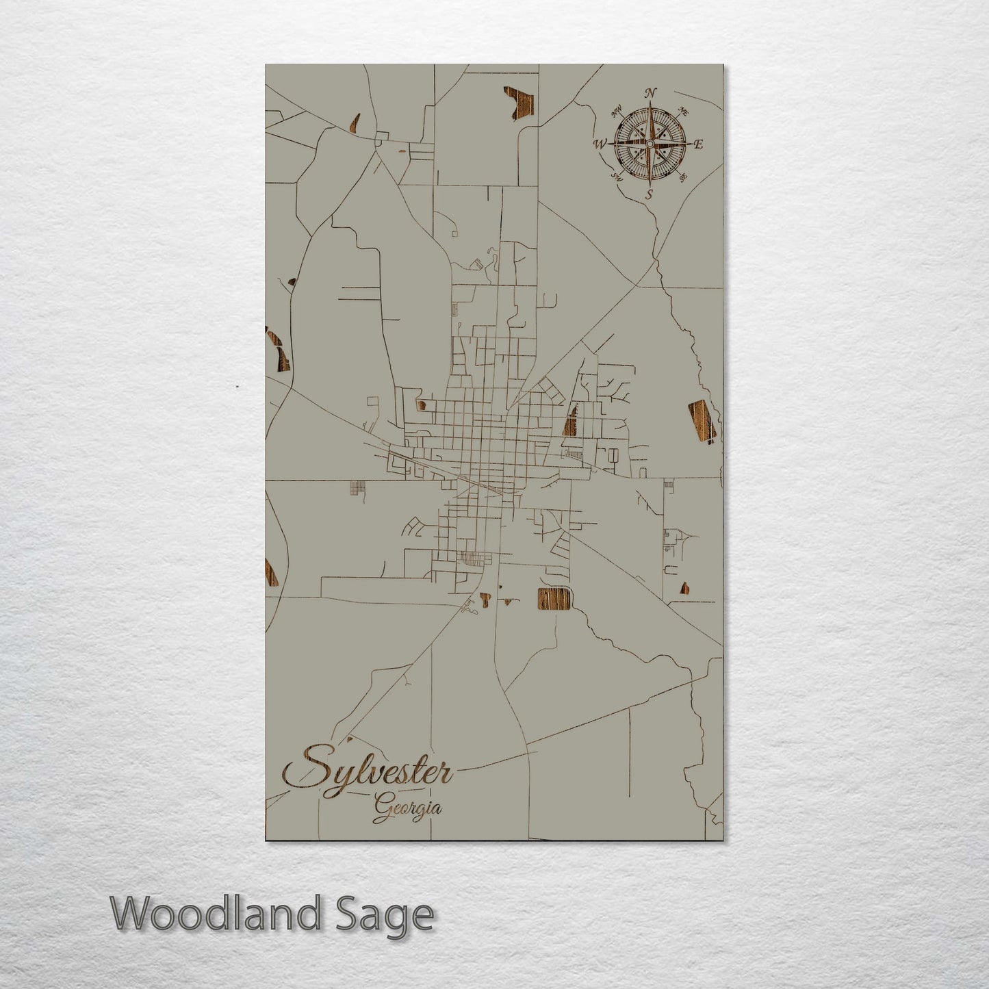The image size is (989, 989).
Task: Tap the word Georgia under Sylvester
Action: [x=408, y=808]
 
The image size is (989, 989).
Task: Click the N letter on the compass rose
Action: [x=652, y=94]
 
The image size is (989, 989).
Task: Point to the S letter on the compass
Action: [x=649, y=194]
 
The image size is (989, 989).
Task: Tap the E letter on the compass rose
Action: [x=699, y=144]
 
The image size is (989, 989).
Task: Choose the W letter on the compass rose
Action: [x=600, y=144]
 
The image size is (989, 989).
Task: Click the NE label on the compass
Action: [x=682, y=110]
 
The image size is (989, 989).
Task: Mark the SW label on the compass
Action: [x=617, y=178]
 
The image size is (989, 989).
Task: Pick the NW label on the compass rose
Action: [x=617, y=110]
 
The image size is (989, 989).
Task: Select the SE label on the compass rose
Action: [x=682, y=178]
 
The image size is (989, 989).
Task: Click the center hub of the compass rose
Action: [x=650, y=144]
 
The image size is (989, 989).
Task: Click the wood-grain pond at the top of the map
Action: [x=519, y=103]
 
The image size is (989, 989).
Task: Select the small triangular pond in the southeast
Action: [x=683, y=588]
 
